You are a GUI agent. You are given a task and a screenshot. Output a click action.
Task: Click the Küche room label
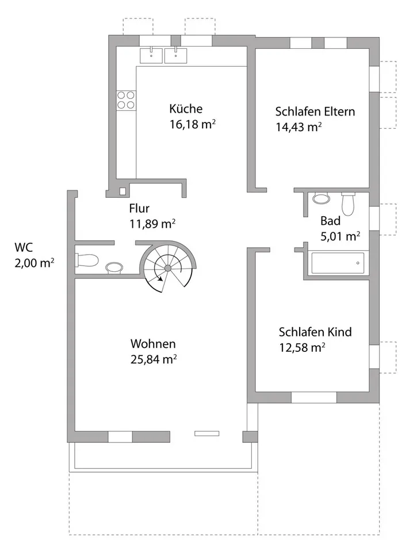pyautogui.click(x=186, y=109)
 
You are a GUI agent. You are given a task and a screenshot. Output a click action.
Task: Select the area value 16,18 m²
pyautogui.click(x=193, y=124)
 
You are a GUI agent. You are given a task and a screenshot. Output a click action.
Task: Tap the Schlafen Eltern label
pyautogui.click(x=315, y=111)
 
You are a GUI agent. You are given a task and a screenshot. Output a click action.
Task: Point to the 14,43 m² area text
pyautogui.click(x=299, y=126)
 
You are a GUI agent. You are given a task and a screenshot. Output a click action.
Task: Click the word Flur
pyautogui.click(x=139, y=208)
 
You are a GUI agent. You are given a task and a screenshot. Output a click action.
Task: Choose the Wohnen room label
pyautogui.click(x=153, y=344)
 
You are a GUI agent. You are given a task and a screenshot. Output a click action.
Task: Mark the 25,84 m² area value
pyautogui.click(x=154, y=359)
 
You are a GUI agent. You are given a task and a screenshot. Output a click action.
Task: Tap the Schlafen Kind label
pyautogui.click(x=315, y=332)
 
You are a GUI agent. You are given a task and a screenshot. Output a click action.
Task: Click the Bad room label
pyautogui.click(x=330, y=221)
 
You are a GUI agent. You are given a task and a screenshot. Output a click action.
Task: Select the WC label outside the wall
pyautogui.click(x=24, y=247)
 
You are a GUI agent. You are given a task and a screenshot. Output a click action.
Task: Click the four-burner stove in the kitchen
pyautogui.click(x=126, y=99)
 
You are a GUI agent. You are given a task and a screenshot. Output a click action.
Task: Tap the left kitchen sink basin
pyautogui.click(x=151, y=56)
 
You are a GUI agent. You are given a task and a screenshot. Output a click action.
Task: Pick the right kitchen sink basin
pyautogui.click(x=175, y=56)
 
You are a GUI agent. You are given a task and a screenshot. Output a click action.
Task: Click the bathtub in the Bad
pyautogui.click(x=338, y=263)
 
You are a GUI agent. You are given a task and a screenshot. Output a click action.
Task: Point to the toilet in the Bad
pyautogui.click(x=348, y=204)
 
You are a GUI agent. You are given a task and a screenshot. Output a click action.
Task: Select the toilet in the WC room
pyautogui.click(x=87, y=260)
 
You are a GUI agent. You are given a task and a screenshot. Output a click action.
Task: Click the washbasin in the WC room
pyautogui.click(x=114, y=267)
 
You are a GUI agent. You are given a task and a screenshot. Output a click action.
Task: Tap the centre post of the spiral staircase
pyautogui.click(x=168, y=269)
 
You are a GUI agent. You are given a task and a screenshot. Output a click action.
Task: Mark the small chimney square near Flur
pyautogui.click(x=122, y=191)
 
